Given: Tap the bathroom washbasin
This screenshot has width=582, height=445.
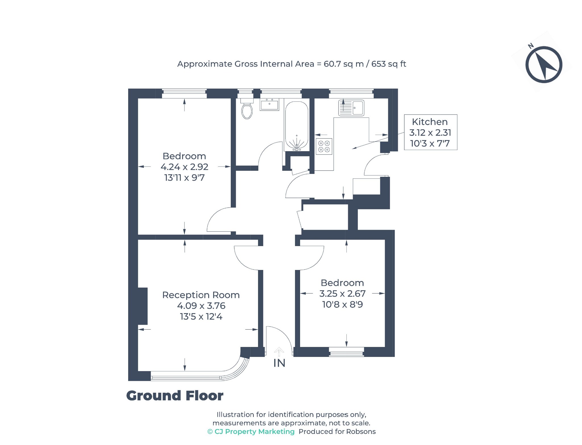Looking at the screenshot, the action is tap(269, 104).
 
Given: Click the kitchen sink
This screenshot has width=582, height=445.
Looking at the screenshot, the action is tap(351, 108).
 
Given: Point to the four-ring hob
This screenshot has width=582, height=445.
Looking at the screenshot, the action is tap(324, 146).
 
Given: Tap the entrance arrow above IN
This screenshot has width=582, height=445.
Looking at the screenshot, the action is tap(279, 352).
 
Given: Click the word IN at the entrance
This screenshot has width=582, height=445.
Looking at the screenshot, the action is tap(279, 363).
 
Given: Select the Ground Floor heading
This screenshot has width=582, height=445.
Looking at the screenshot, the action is tap(175, 396).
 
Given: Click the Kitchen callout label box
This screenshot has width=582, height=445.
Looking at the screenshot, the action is tap(431, 132).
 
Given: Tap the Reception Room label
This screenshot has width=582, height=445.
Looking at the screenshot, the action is tap(201, 295).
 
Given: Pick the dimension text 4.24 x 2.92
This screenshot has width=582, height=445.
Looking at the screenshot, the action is tap(184, 167).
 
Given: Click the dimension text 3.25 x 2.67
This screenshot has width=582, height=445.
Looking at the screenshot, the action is tap(342, 294).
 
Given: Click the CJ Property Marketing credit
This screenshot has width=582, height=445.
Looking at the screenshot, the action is tap(251, 432).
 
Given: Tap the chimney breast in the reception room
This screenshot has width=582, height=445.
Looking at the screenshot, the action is tap(143, 306).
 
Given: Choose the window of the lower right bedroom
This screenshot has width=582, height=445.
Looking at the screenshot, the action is tap(346, 352).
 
